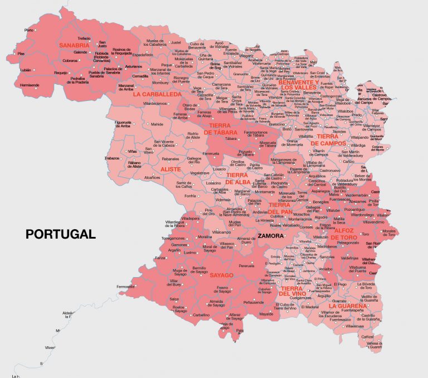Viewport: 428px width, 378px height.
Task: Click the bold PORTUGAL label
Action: tap(61, 234)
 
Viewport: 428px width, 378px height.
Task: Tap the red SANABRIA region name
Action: tap(74, 45)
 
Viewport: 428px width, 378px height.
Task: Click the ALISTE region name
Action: tap(171, 168)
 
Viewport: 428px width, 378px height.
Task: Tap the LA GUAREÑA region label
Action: tap(348, 306)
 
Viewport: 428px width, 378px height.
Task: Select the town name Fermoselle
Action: tap(125, 287)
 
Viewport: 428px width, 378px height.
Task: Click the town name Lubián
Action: tap(25, 70)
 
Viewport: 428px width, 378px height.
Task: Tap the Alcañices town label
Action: tap(152, 177)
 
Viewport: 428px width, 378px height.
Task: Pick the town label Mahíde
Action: tap(157, 124)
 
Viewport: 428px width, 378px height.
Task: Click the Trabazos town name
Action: tap(112, 158)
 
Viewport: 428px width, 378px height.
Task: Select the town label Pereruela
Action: tap(246, 266)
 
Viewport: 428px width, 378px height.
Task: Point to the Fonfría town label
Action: tap(190, 196)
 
